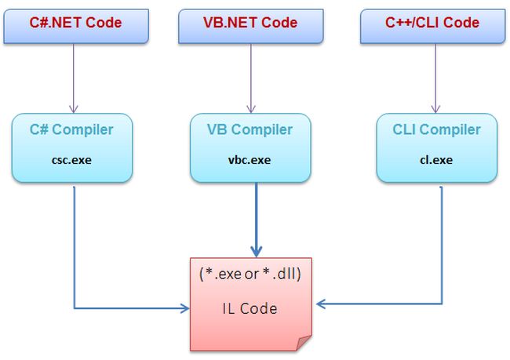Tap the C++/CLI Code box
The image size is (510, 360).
[432, 24]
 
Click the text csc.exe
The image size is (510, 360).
[71, 160]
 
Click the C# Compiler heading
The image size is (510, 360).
[71, 130]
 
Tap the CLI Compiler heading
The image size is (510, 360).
[436, 130]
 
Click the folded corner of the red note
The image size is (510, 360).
[303, 343]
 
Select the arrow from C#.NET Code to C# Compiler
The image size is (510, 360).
[73, 75]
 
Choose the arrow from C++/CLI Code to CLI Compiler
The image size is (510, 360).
[432, 75]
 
